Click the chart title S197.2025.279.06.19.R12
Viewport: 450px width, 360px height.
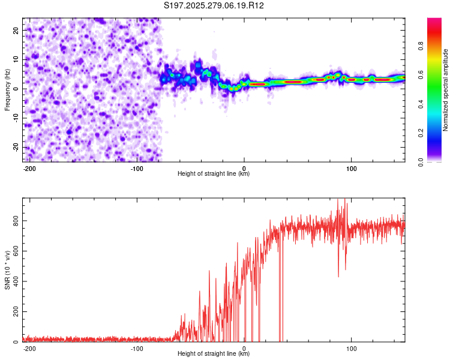click(214, 6)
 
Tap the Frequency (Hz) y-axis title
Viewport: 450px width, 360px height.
click(7, 89)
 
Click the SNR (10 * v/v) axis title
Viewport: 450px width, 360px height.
click(7, 270)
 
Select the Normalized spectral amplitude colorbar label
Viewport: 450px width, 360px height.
click(446, 90)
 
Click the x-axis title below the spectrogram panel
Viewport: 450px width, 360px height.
click(214, 173)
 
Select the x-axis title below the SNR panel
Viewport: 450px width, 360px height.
click(214, 353)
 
